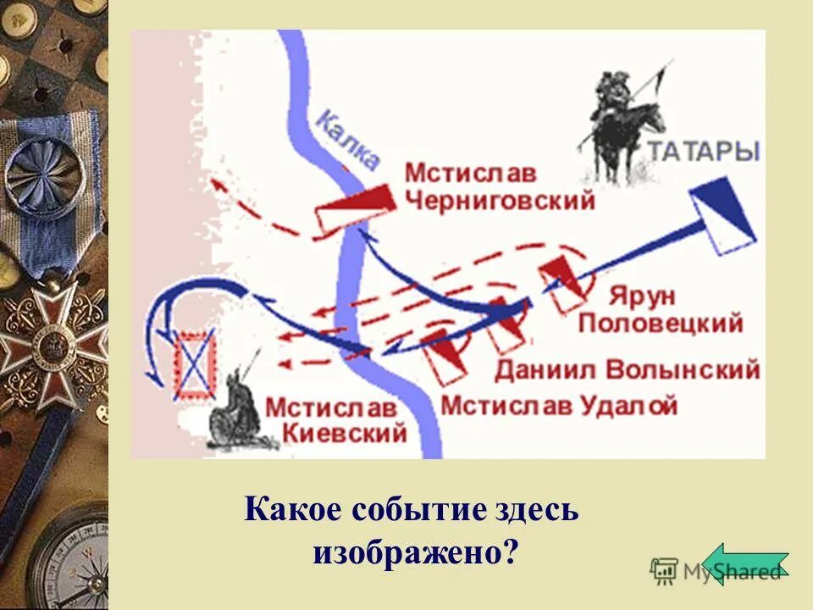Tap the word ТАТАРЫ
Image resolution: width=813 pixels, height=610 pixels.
coord(705,152)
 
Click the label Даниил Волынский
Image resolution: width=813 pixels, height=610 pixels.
coord(627,369)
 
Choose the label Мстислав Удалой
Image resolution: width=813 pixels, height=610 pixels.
coord(559,405)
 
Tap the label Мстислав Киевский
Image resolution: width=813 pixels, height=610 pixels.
coord(335,419)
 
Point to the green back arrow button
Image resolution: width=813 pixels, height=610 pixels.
coord(744,563)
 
